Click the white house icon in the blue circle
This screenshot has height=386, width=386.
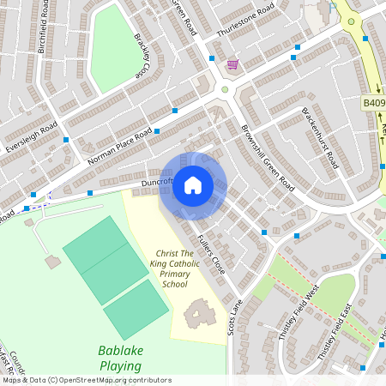[193, 185]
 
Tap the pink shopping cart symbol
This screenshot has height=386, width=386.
[232, 64]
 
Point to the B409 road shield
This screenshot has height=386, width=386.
[373, 103]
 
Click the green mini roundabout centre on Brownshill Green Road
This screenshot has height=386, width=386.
[226, 89]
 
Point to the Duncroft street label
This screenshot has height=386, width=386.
[157, 182]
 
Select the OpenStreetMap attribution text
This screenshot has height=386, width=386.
[86, 380]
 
